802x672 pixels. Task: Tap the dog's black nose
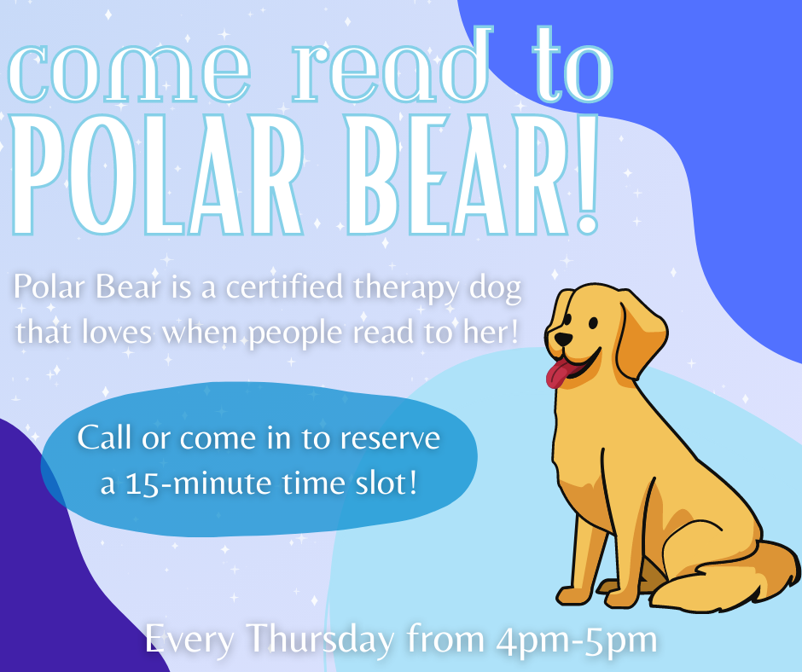(x=564, y=339)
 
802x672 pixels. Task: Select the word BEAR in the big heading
(x=456, y=175)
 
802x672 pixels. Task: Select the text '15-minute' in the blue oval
(x=199, y=483)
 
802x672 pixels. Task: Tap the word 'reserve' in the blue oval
(x=390, y=439)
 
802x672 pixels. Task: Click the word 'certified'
(x=284, y=287)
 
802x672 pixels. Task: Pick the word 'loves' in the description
(x=117, y=333)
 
